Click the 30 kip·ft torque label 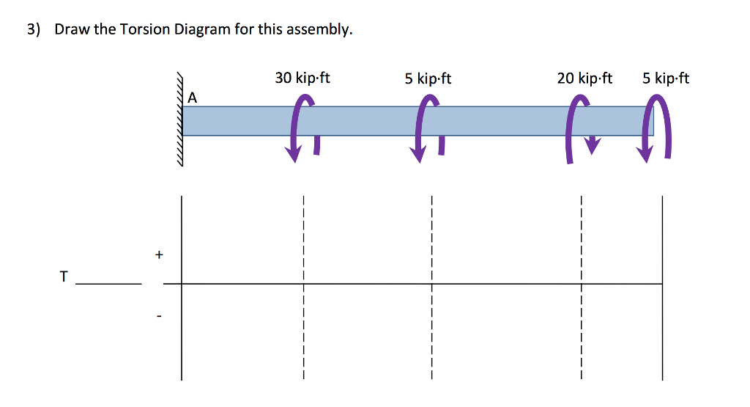[302, 78]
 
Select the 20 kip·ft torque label [584, 78]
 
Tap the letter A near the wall [193, 97]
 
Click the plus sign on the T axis [159, 255]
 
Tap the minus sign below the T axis [159, 317]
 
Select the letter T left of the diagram [64, 277]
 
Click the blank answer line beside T [108, 283]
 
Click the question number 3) [33, 30]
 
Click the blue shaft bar [417, 121]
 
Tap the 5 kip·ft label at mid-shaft [428, 78]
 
